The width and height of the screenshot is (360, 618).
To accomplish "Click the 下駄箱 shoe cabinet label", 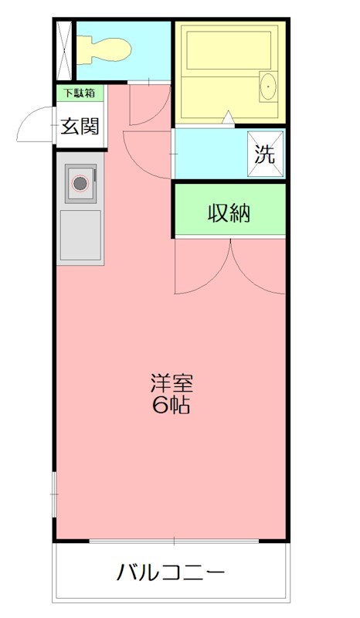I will click(x=80, y=93).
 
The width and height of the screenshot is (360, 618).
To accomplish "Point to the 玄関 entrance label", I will click(x=80, y=125).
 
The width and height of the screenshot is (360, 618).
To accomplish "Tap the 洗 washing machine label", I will click(x=265, y=154).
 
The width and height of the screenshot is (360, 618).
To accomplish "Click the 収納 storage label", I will click(x=229, y=212).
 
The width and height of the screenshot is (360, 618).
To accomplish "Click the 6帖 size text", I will click(x=171, y=406).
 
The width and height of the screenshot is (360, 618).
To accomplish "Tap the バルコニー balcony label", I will click(x=171, y=572).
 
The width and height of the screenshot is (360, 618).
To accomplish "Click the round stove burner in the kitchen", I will click(x=80, y=184).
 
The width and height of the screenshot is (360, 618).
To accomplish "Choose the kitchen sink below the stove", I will click(x=80, y=234).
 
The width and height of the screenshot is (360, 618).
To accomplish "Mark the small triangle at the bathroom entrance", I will click(x=229, y=117).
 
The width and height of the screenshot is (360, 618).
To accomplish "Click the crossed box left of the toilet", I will click(x=65, y=49).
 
